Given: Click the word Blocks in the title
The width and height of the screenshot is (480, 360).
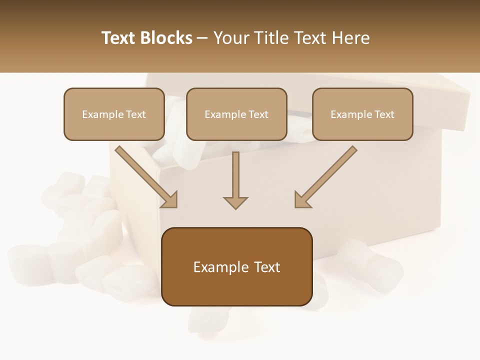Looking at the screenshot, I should click(x=167, y=38).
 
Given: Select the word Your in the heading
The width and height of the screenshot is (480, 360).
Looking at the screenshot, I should click(x=230, y=38).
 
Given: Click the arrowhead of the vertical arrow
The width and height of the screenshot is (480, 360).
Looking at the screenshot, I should click(x=235, y=202).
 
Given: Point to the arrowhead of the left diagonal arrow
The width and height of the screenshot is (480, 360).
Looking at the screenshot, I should click(x=170, y=200).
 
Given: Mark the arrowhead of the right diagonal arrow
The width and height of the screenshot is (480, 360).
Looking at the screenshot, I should click(x=301, y=200).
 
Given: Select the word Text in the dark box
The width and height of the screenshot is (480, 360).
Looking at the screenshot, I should click(x=266, y=267).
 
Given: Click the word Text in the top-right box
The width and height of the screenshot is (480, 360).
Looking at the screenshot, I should click(x=384, y=114).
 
